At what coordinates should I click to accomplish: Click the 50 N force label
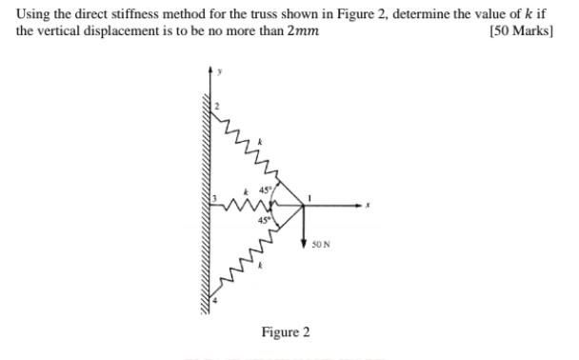tap(321, 246)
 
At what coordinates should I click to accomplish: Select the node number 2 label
tap(217, 106)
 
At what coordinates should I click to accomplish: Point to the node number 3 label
tap(215, 197)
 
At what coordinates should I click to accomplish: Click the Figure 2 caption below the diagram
tap(286, 332)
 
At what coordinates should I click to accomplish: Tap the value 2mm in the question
tap(302, 31)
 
